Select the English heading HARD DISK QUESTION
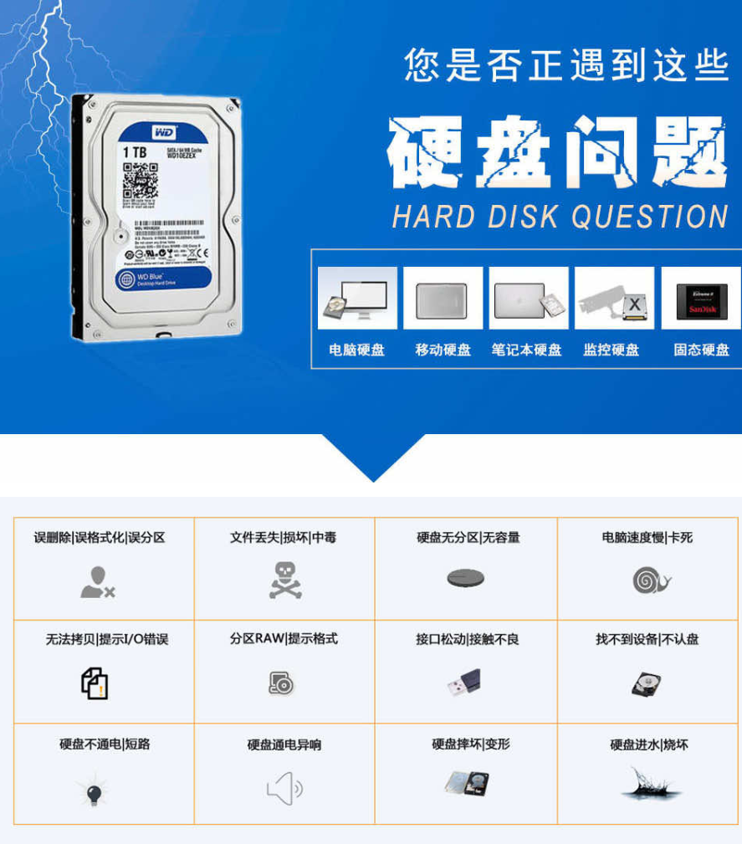pyautogui.click(x=560, y=217)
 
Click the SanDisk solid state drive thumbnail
pyautogui.click(x=701, y=299)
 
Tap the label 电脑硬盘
pyautogui.click(x=357, y=350)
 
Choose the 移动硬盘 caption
pyautogui.click(x=443, y=350)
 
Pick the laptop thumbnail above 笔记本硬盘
pyautogui.click(x=528, y=299)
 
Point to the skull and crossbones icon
pyautogui.click(x=284, y=580)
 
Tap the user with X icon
pyautogui.click(x=97, y=582)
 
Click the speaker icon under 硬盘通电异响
pyautogui.click(x=284, y=788)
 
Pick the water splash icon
pyautogui.click(x=649, y=785)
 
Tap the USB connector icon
pyautogui.click(x=464, y=683)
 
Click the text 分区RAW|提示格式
pyautogui.click(x=284, y=638)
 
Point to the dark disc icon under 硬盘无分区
pyautogui.click(x=466, y=579)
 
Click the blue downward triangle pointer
pyautogui.click(x=372, y=458)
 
